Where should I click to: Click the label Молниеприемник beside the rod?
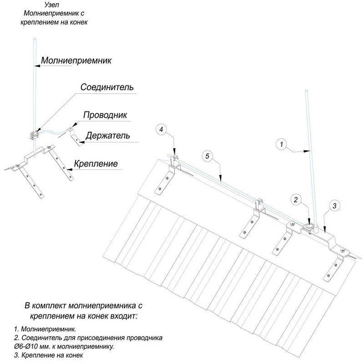click(76, 60)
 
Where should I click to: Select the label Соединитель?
click(107, 87)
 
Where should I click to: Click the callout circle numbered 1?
click(282, 145)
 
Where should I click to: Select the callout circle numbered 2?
click(296, 199)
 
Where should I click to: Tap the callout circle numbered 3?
click(334, 206)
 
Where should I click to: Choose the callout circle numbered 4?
click(161, 130)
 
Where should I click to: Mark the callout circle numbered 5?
click(207, 157)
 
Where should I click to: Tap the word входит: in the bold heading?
click(118, 315)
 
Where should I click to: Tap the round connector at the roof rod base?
click(309, 225)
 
